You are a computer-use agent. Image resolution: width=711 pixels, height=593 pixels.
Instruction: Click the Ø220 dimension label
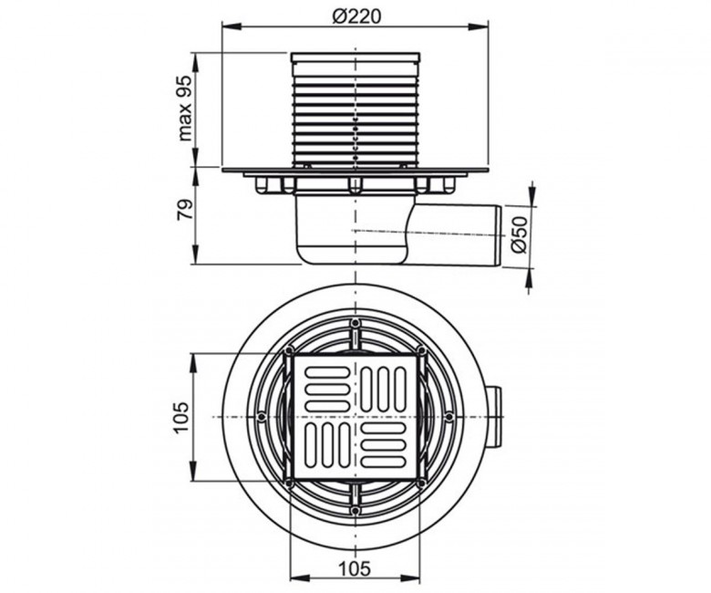coord(356,16)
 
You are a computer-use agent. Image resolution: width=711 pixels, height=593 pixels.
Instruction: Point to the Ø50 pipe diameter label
coord(520,235)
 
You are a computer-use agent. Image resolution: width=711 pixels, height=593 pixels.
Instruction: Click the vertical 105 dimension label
coord(180,417)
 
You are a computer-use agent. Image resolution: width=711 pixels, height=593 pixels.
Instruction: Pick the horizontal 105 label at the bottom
coord(355,568)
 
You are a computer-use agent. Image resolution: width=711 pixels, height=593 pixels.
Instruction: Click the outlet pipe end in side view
coord(500,235)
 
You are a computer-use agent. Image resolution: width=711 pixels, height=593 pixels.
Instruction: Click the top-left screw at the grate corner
coord(288,349)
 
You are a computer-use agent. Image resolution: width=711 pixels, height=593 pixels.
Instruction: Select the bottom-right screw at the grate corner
coord(421,484)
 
